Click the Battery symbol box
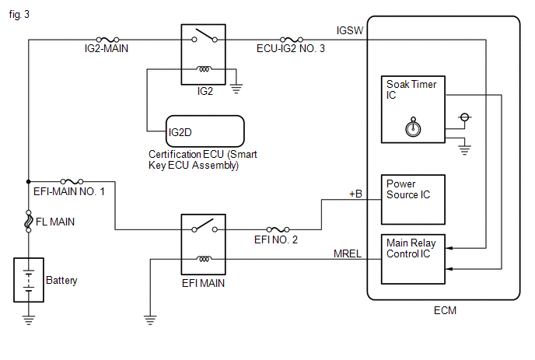point(29,281)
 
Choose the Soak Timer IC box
point(413,109)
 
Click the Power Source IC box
point(413,198)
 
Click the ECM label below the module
point(445,311)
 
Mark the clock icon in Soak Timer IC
point(413,125)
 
